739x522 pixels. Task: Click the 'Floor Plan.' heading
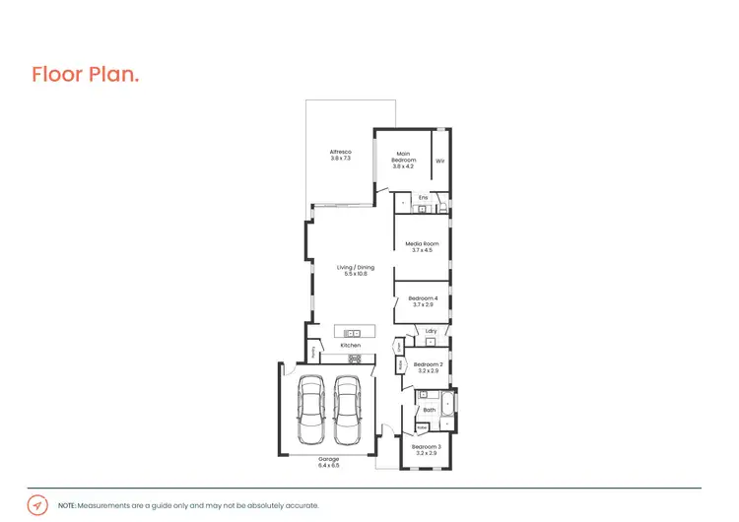click(x=85, y=75)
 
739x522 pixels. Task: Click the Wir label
click(x=440, y=161)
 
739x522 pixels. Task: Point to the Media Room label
click(x=423, y=246)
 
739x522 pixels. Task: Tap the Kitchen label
click(x=351, y=346)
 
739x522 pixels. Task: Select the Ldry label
click(x=432, y=331)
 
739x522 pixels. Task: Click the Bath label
click(x=429, y=410)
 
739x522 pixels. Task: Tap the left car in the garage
click(x=310, y=409)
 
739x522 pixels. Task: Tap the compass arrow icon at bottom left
click(x=37, y=504)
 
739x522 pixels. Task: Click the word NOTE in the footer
click(x=67, y=505)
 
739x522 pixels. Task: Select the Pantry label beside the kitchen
click(x=314, y=351)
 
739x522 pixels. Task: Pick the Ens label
click(x=423, y=198)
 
